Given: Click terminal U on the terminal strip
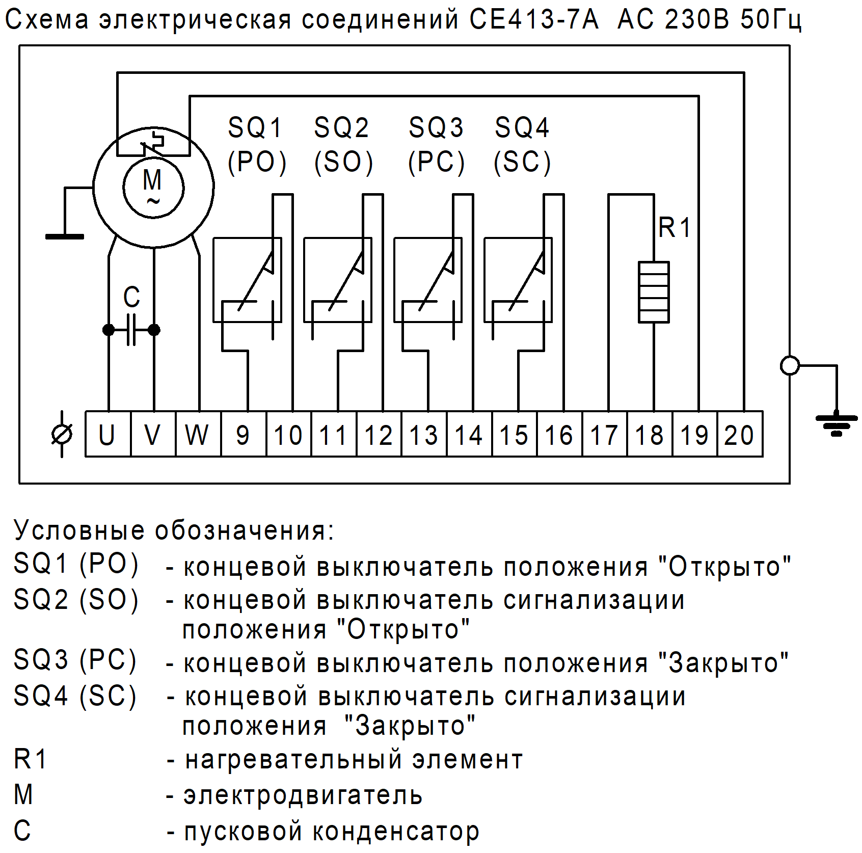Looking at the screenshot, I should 108,434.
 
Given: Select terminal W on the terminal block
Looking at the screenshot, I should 198,434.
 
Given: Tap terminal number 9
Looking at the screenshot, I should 243,434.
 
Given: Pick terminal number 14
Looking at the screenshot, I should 469,434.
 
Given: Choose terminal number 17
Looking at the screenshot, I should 604,434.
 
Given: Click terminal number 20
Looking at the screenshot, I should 739,434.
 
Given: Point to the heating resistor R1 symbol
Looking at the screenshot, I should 654,292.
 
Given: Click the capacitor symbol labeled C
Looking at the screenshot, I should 131,330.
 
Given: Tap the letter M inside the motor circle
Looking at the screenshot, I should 152,180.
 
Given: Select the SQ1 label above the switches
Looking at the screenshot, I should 255,127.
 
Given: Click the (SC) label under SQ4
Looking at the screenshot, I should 522,163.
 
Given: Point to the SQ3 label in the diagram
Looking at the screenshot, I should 436,127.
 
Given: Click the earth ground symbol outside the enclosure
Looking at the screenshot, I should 836,423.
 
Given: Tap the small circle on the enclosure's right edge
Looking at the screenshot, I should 790,365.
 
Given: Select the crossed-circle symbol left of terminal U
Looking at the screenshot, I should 62,434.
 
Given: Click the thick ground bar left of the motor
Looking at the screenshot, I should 65,236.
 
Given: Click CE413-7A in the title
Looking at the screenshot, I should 533,19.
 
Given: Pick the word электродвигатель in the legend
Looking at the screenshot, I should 303,795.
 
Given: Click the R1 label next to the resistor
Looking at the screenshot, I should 674,227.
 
